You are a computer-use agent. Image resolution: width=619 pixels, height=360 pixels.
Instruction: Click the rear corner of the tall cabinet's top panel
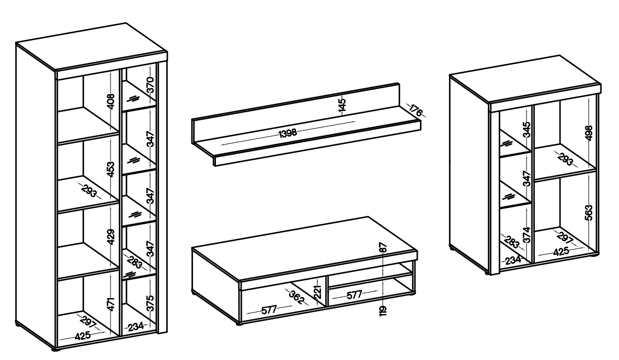point(126,23)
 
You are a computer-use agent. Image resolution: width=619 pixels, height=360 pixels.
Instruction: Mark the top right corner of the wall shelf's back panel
point(399,83)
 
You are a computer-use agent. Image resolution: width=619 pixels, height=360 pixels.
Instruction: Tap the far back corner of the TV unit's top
point(368,217)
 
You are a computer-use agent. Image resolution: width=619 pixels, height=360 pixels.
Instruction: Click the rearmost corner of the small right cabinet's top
point(560,55)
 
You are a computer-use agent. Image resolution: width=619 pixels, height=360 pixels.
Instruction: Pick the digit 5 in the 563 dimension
point(589,218)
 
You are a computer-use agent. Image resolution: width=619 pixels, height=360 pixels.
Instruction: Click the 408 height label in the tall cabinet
point(111,101)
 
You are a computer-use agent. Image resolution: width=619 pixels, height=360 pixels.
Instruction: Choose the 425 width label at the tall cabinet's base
point(83,336)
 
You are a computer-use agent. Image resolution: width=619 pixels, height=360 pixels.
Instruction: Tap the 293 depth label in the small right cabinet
point(565,159)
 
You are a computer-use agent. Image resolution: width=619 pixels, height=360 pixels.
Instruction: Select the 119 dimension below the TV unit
point(383,310)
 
